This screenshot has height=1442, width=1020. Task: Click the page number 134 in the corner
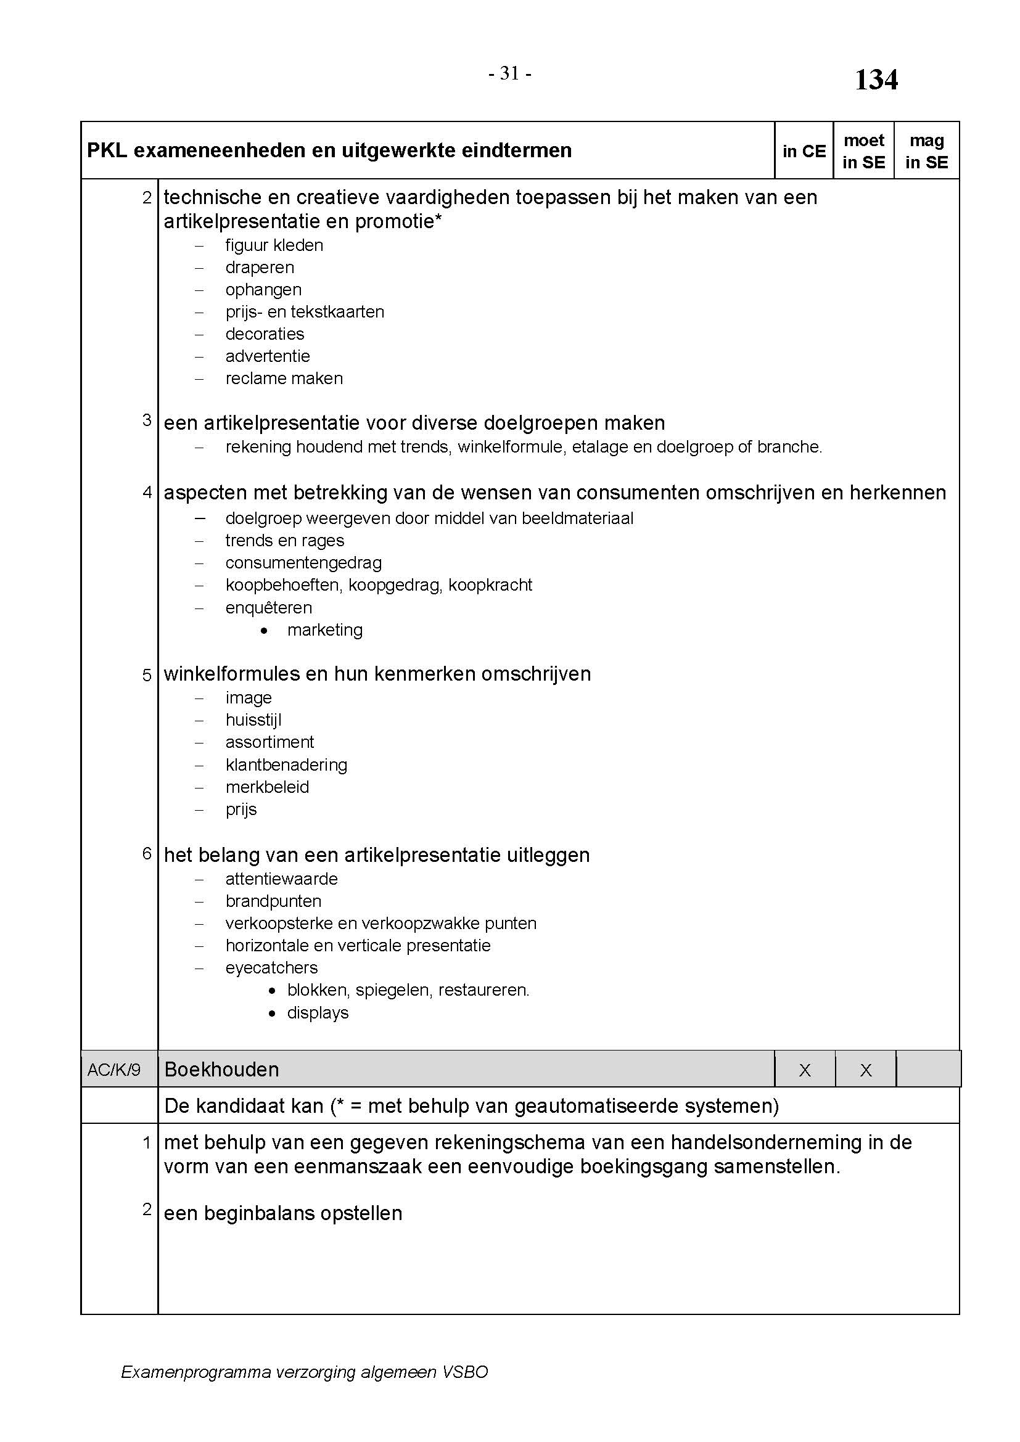tap(876, 80)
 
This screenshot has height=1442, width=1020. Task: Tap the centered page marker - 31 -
tap(510, 74)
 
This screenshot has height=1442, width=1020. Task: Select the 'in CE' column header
tap(804, 152)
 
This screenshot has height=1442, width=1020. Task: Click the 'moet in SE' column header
tap(863, 152)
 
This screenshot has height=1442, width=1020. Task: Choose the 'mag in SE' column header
tap(926, 152)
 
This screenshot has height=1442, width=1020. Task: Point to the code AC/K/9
tap(113, 1070)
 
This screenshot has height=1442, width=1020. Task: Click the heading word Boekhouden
tap(221, 1070)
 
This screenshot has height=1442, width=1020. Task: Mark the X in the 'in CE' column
tap(805, 1070)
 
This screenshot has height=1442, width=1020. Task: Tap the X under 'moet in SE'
tap(865, 1070)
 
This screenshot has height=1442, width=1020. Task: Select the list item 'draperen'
tap(260, 268)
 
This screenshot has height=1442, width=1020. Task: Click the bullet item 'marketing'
tap(325, 630)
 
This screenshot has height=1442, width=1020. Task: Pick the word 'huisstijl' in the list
tap(253, 719)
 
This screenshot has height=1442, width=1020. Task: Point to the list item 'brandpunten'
tap(273, 901)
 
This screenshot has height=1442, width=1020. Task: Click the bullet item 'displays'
tap(318, 1013)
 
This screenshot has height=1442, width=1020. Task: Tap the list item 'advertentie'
tap(268, 356)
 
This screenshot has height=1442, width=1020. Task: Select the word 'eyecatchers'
tap(271, 968)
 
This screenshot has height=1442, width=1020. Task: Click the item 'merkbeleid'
tap(267, 787)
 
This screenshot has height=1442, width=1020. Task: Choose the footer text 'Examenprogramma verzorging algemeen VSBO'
tap(304, 1372)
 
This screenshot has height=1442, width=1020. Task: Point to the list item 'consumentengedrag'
tap(303, 563)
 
